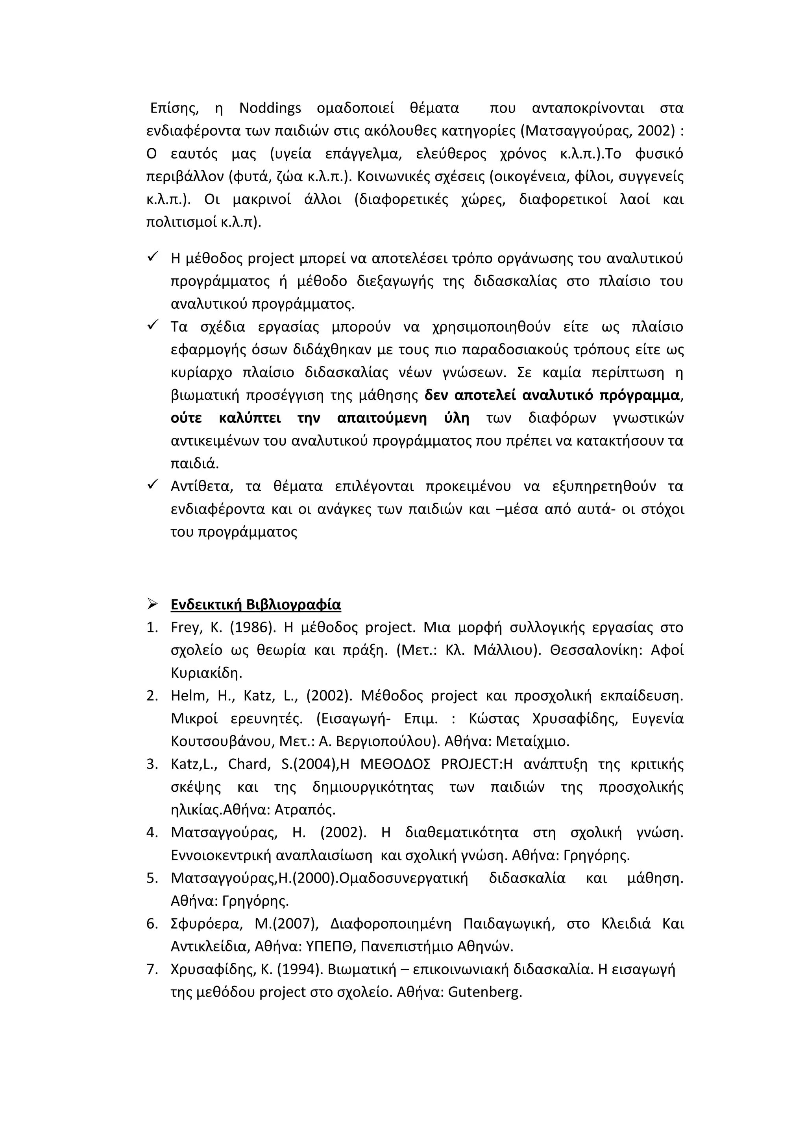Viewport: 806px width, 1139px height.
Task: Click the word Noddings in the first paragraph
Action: pyautogui.click(x=270, y=108)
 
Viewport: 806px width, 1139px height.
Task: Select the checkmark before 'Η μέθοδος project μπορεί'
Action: pyautogui.click(x=152, y=256)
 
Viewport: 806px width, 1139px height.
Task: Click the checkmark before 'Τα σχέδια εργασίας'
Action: pyautogui.click(x=152, y=325)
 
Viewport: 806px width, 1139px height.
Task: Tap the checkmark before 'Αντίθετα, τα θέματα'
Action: pyautogui.click(x=152, y=484)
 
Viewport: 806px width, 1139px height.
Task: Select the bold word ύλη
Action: pyautogui.click(x=457, y=418)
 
